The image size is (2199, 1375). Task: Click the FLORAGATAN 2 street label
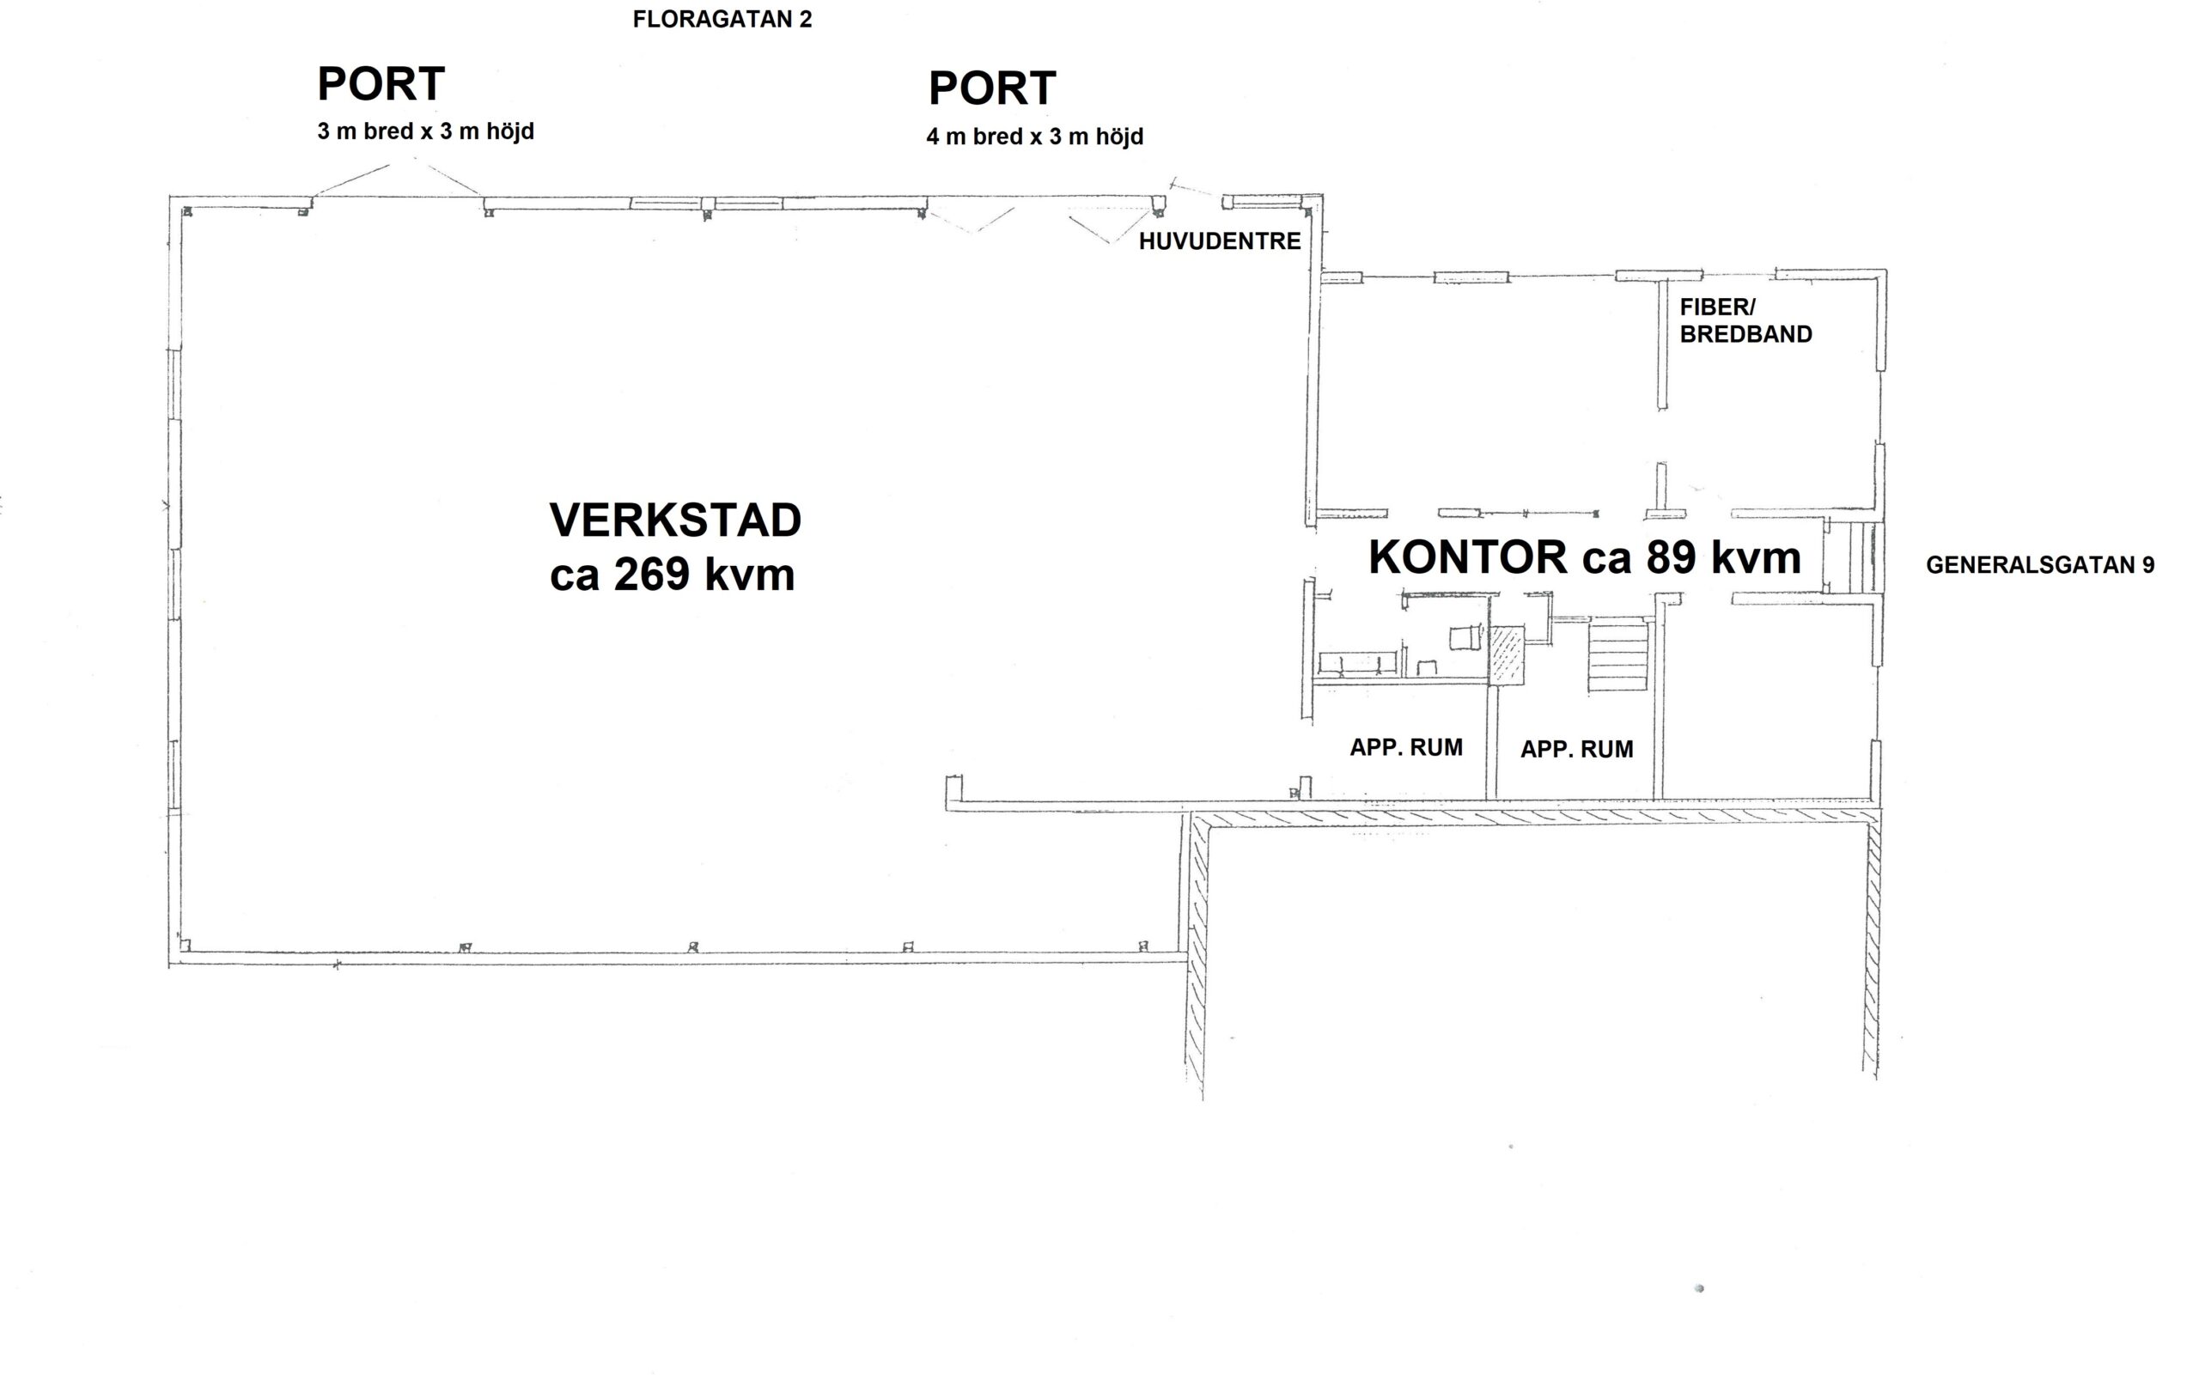722,19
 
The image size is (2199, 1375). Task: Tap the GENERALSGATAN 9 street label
2040,565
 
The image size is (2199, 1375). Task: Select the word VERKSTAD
676,520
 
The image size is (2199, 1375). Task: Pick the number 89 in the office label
1671,557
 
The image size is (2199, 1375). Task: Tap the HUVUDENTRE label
1220,242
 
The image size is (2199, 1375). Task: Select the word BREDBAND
1746,335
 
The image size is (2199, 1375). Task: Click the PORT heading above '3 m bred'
381,83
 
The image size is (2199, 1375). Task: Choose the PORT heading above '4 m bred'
992,88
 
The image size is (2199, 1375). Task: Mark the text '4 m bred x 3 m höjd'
1035,137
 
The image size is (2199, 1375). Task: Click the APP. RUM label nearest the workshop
1406,747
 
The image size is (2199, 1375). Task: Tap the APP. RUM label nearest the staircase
1577,750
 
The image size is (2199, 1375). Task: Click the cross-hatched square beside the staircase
1506,654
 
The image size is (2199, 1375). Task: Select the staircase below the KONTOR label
1619,655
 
